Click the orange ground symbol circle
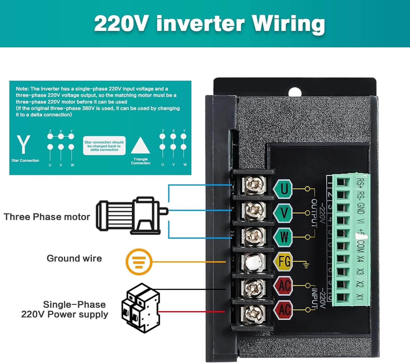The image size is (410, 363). click(139, 262)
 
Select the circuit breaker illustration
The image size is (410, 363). click(141, 308)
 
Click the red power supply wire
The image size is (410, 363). click(191, 312)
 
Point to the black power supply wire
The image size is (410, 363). click(191, 289)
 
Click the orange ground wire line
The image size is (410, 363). click(189, 262)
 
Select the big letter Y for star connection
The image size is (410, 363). click(24, 144)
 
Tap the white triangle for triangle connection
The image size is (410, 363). click(140, 146)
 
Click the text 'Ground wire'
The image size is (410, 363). click(74, 258)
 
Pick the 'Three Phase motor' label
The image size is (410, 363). click(47, 217)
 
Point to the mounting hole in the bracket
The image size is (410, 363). click(295, 92)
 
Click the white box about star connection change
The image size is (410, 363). click(104, 146)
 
